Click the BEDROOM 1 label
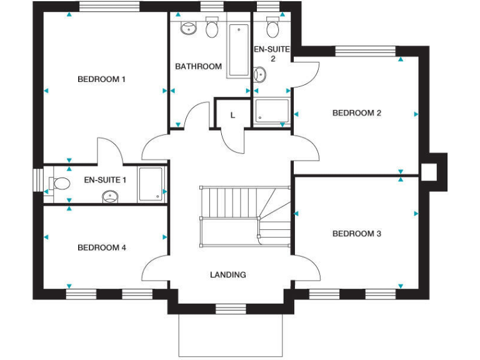click(x=101, y=79)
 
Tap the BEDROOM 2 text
click(x=356, y=113)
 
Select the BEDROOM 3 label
click(x=356, y=234)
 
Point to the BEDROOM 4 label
click(x=101, y=247)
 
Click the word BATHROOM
click(x=198, y=66)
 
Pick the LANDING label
click(x=227, y=274)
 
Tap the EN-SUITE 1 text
click(x=105, y=180)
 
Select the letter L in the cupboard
click(x=233, y=115)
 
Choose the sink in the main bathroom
click(x=187, y=28)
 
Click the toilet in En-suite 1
click(x=61, y=184)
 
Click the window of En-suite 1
click(x=38, y=181)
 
